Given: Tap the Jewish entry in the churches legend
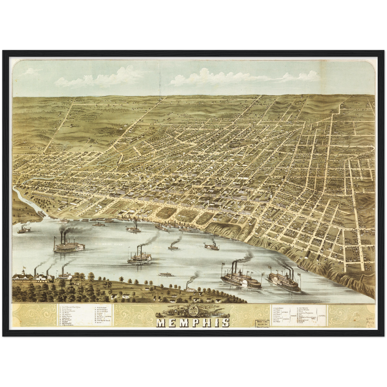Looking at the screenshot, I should tap(300, 323).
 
